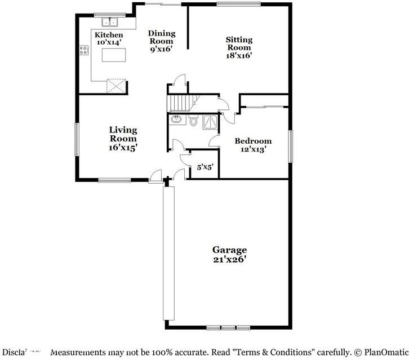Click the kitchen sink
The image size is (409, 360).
pyautogui.click(x=109, y=23)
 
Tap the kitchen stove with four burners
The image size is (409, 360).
pyautogui.click(x=84, y=50)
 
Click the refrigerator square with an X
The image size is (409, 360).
pyautogui.click(x=117, y=86)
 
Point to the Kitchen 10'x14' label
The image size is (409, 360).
pyautogui.click(x=108, y=39)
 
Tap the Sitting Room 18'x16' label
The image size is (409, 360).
pyautogui.click(x=239, y=47)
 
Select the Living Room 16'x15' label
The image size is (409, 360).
pyautogui.click(x=123, y=139)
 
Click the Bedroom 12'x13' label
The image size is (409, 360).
pyautogui.click(x=253, y=145)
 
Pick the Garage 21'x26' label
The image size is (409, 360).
pyautogui.click(x=229, y=255)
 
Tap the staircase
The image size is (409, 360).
pyautogui.click(x=181, y=103)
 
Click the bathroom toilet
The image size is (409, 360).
pyautogui.click(x=193, y=121)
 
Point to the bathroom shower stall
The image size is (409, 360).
pyautogui.click(x=210, y=121)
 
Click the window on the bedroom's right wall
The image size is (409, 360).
pyautogui.click(x=291, y=146)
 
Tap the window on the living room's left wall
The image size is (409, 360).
pyautogui.click(x=78, y=139)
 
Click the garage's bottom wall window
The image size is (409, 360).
pyautogui.click(x=228, y=327)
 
